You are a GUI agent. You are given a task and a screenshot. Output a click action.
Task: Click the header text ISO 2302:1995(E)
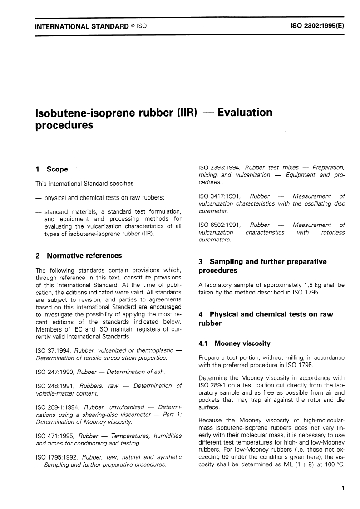(x=317, y=26)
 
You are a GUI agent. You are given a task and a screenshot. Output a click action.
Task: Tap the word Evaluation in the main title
(x=245, y=112)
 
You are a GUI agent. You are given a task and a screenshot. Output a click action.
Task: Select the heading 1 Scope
(x=52, y=169)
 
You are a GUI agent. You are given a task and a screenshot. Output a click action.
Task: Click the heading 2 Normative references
(x=79, y=256)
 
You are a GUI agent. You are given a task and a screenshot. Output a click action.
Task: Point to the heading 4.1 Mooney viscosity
(x=235, y=343)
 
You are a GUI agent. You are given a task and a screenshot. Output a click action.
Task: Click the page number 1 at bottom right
(x=343, y=489)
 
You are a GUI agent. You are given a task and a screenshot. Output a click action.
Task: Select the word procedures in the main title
(x=64, y=125)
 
